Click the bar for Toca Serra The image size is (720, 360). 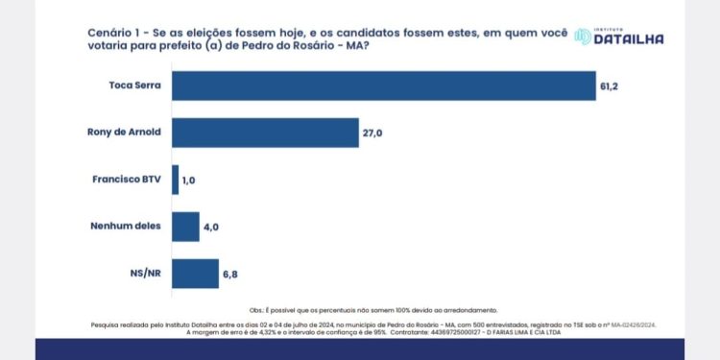[383, 84]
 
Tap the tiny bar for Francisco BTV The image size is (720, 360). [175, 180]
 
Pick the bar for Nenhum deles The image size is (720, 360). [184, 227]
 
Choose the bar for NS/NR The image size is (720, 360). [195, 273]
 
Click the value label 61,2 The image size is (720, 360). [611, 85]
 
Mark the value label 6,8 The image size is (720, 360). [231, 274]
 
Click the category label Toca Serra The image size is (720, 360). [133, 85]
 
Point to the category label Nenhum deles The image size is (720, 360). [125, 227]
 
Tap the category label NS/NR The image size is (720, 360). [144, 274]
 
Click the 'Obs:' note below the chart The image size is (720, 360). [256, 310]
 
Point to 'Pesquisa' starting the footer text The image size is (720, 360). [107, 324]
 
